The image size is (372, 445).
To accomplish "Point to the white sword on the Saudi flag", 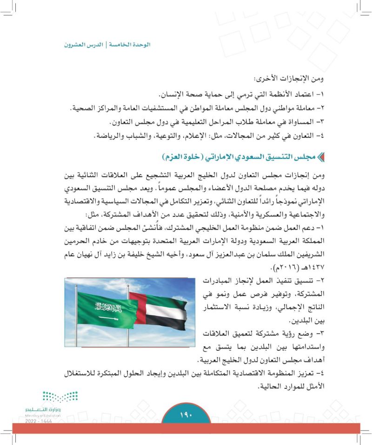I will [x=108, y=318].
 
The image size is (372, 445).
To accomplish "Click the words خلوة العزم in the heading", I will [x=186, y=156].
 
